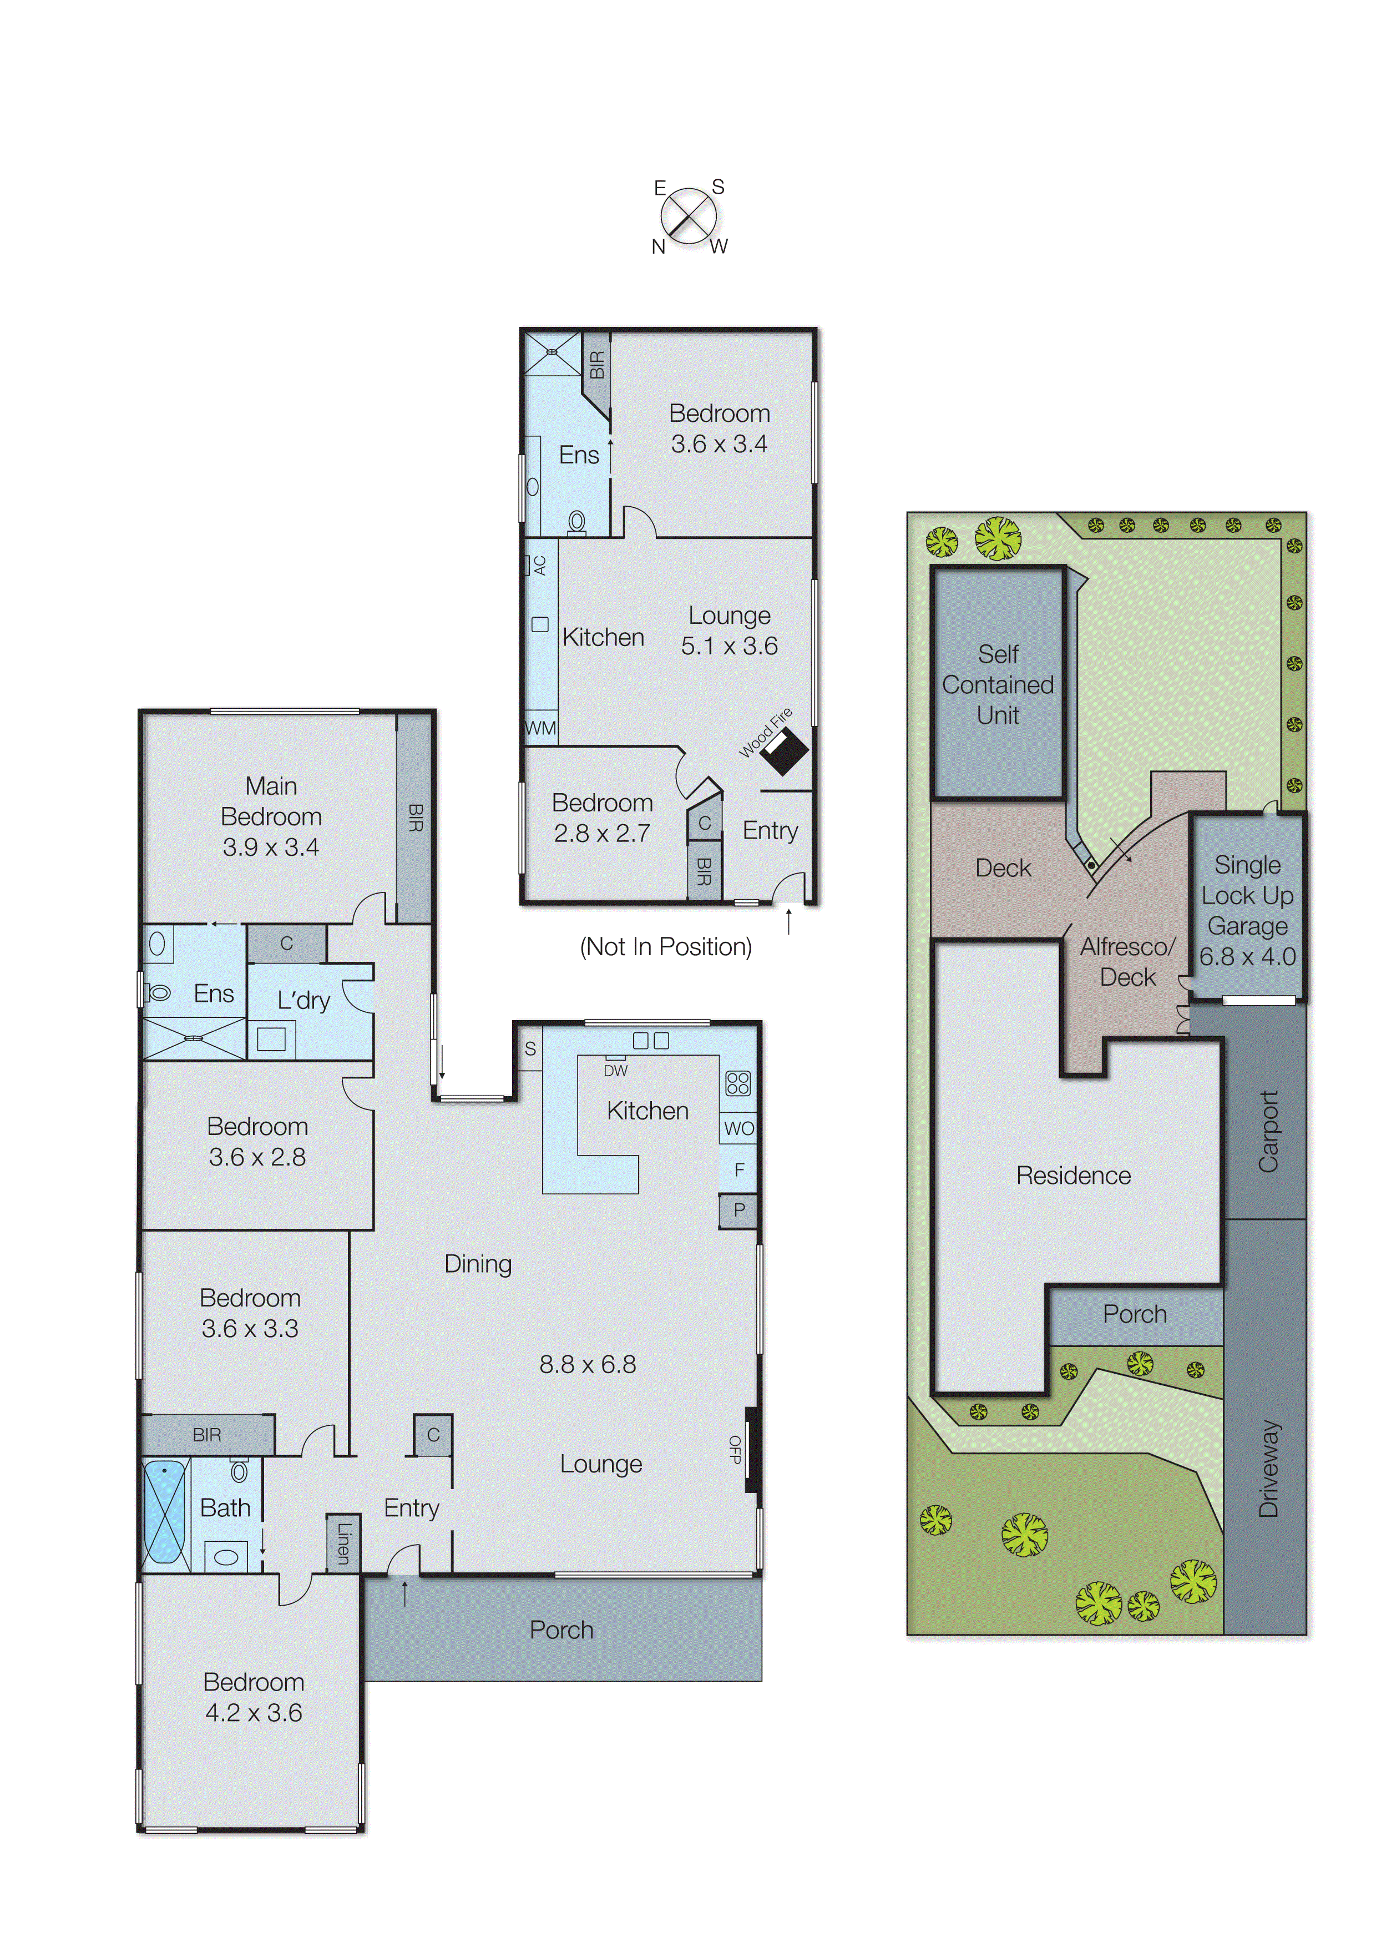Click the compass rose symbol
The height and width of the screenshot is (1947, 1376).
(x=689, y=215)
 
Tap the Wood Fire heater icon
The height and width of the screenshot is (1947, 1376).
(x=784, y=750)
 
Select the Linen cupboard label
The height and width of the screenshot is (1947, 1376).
(x=343, y=1544)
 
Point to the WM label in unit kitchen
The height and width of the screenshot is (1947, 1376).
(x=540, y=728)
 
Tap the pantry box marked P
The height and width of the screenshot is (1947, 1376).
(x=738, y=1210)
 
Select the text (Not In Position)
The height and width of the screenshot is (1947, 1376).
(x=666, y=946)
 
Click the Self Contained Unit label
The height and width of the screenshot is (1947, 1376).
(x=998, y=684)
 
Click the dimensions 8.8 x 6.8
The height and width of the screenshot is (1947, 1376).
(x=588, y=1364)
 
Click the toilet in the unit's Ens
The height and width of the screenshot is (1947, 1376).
(x=578, y=521)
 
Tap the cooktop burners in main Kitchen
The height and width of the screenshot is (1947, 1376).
(x=737, y=1083)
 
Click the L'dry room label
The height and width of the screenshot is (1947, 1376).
(x=303, y=1001)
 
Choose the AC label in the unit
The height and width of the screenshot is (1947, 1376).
(x=539, y=566)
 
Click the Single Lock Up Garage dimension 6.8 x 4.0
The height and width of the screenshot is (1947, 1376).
(x=1247, y=956)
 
